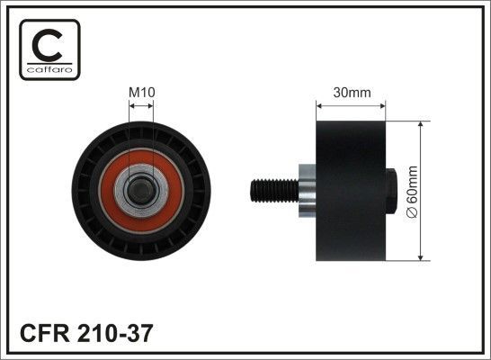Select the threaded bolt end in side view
coord(271,192)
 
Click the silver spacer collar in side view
coord(305,192)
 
